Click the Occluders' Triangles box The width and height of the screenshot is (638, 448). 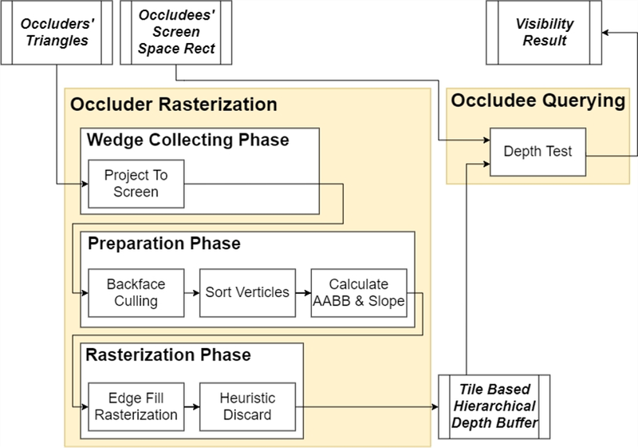pyautogui.click(x=57, y=32)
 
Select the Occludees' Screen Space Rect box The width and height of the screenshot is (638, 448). pyautogui.click(x=176, y=32)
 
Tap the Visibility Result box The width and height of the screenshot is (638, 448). pyautogui.click(x=544, y=32)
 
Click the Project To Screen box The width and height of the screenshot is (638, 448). pyautogui.click(x=136, y=184)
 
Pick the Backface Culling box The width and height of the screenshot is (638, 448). pyautogui.click(x=136, y=293)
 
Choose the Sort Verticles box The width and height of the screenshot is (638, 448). pyautogui.click(x=247, y=293)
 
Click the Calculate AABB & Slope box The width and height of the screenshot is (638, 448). pyautogui.click(x=359, y=293)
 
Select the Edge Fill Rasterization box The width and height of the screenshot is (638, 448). pyautogui.click(x=136, y=406)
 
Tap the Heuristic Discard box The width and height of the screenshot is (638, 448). pyautogui.click(x=247, y=406)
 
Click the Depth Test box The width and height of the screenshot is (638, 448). pyautogui.click(x=538, y=152)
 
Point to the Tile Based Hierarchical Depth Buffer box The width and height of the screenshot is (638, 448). pyautogui.click(x=494, y=406)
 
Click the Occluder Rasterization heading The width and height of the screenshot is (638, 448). pyautogui.click(x=174, y=105)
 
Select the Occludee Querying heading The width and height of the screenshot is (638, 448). pyautogui.click(x=538, y=101)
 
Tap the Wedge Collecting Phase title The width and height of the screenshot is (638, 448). pyautogui.click(x=188, y=140)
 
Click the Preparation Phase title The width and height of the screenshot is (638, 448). pyautogui.click(x=164, y=244)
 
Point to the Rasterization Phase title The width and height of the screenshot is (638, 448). pyautogui.click(x=168, y=355)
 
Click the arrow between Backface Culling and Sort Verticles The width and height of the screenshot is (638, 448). pyautogui.click(x=192, y=293)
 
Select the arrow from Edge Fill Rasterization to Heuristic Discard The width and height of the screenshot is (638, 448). pyautogui.click(x=192, y=406)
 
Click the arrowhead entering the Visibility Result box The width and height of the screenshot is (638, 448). pyautogui.click(x=605, y=32)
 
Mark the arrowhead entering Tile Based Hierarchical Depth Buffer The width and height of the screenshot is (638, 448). pyautogui.click(x=435, y=406)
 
